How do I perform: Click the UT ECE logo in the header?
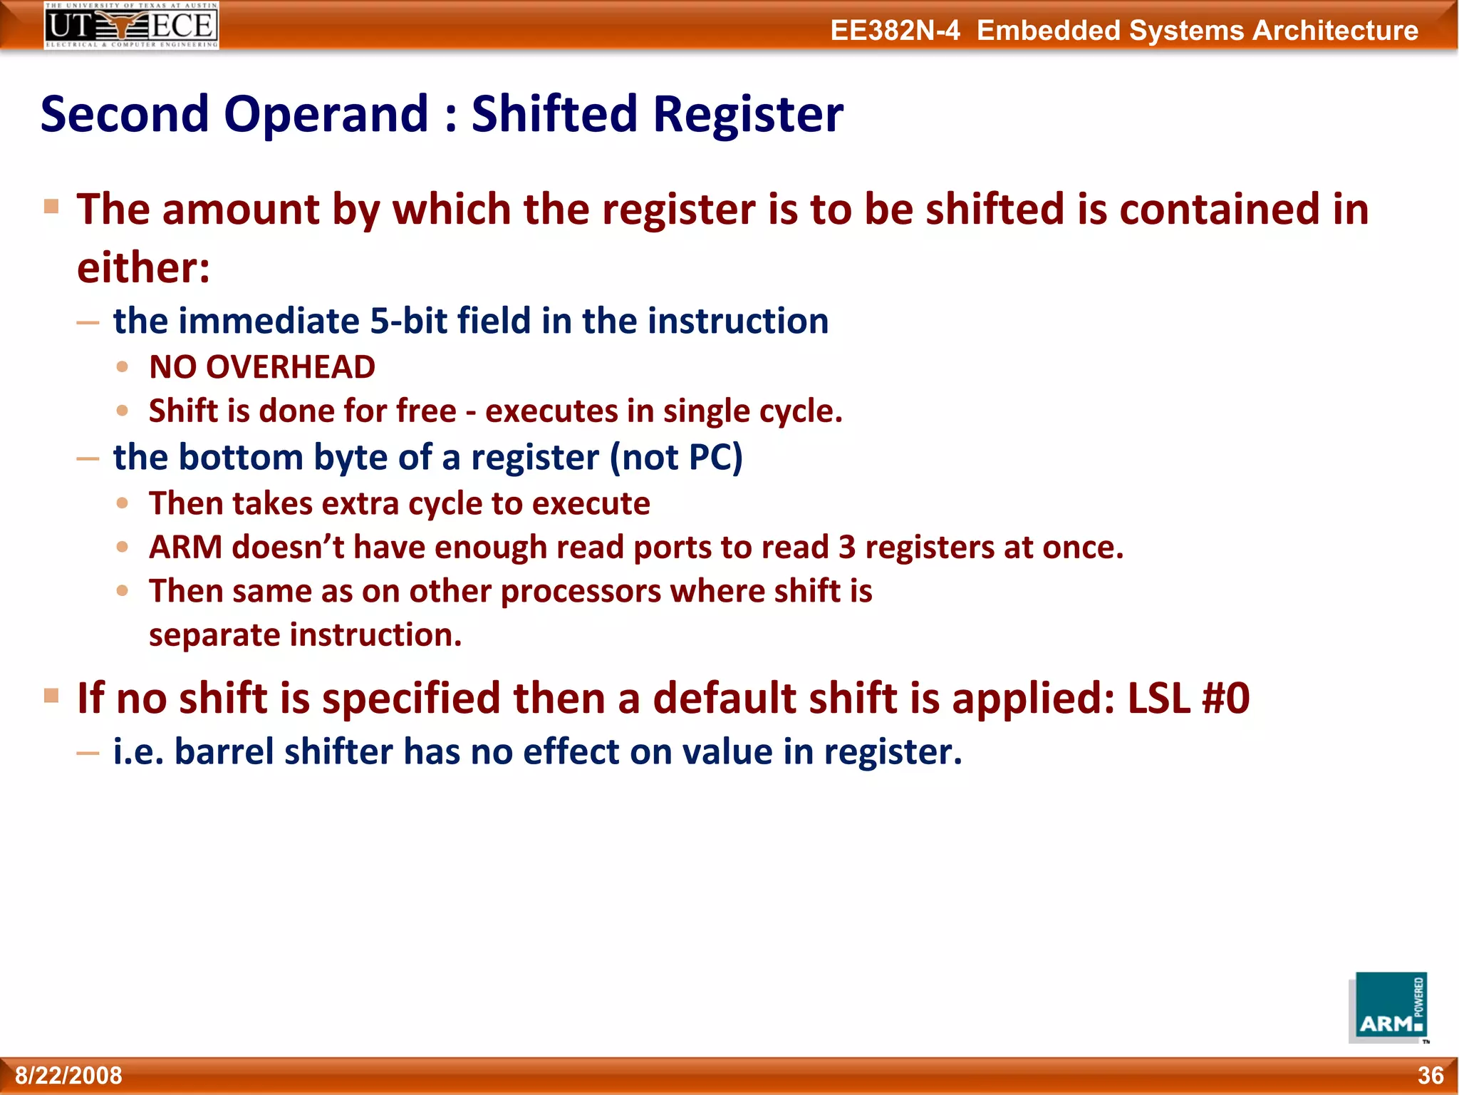[x=131, y=26]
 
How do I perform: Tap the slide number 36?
[x=1430, y=1075]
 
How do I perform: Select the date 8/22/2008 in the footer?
[x=69, y=1075]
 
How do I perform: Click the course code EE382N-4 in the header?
[x=895, y=31]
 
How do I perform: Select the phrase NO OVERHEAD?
[x=262, y=368]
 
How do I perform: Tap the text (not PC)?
[x=676, y=458]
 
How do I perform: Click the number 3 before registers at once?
[x=846, y=547]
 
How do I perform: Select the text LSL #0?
[x=1188, y=698]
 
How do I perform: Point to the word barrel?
[x=224, y=752]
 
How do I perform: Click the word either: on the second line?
[x=143, y=268]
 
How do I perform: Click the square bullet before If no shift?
[x=51, y=695]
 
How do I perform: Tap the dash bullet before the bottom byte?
[x=88, y=458]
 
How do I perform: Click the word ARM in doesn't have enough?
[x=185, y=547]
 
